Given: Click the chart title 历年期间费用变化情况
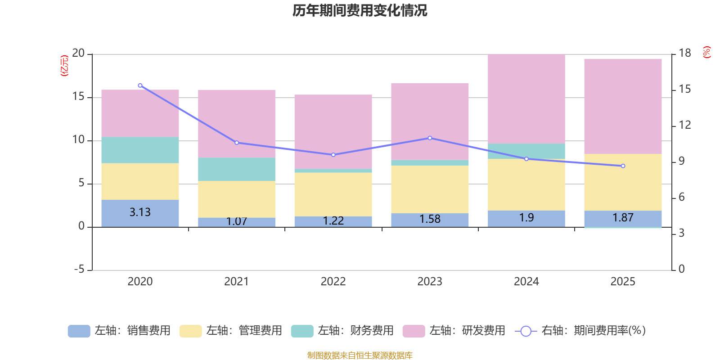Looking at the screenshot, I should point(360,10).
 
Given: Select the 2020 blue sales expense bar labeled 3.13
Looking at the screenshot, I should point(140,213).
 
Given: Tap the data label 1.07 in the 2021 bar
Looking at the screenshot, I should point(237,221).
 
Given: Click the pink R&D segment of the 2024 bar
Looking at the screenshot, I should point(526,99).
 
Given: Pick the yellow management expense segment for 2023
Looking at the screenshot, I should point(430,189).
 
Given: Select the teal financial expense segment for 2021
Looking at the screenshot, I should point(237,169).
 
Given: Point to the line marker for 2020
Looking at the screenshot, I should point(140,85).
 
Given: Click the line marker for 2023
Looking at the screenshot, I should point(430,138).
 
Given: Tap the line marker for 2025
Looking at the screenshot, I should point(623,166).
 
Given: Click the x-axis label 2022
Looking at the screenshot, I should point(333,282).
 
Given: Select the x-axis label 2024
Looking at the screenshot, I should point(526,282).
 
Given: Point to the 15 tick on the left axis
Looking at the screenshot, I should point(79,97).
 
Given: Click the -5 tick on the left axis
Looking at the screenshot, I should point(79,270).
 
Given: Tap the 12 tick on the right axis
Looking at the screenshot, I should point(685,125).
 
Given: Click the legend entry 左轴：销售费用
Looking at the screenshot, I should point(120,331).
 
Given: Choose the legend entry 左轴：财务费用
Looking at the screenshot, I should point(343,331).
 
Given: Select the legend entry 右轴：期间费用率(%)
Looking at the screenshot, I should point(580,331).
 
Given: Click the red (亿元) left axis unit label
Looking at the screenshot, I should point(65,66).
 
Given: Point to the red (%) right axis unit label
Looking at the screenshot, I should point(707,52).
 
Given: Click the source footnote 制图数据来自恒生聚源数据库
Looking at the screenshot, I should point(360,355).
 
